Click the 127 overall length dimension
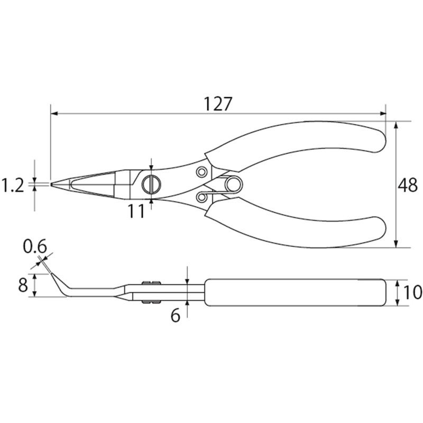(218, 104)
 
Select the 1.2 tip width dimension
(13, 186)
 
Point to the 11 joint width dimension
(136, 211)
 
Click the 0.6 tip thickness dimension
(35, 246)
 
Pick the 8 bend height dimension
(23, 285)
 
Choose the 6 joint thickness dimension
(176, 315)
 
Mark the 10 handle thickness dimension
(413, 292)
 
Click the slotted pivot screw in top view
(151, 185)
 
